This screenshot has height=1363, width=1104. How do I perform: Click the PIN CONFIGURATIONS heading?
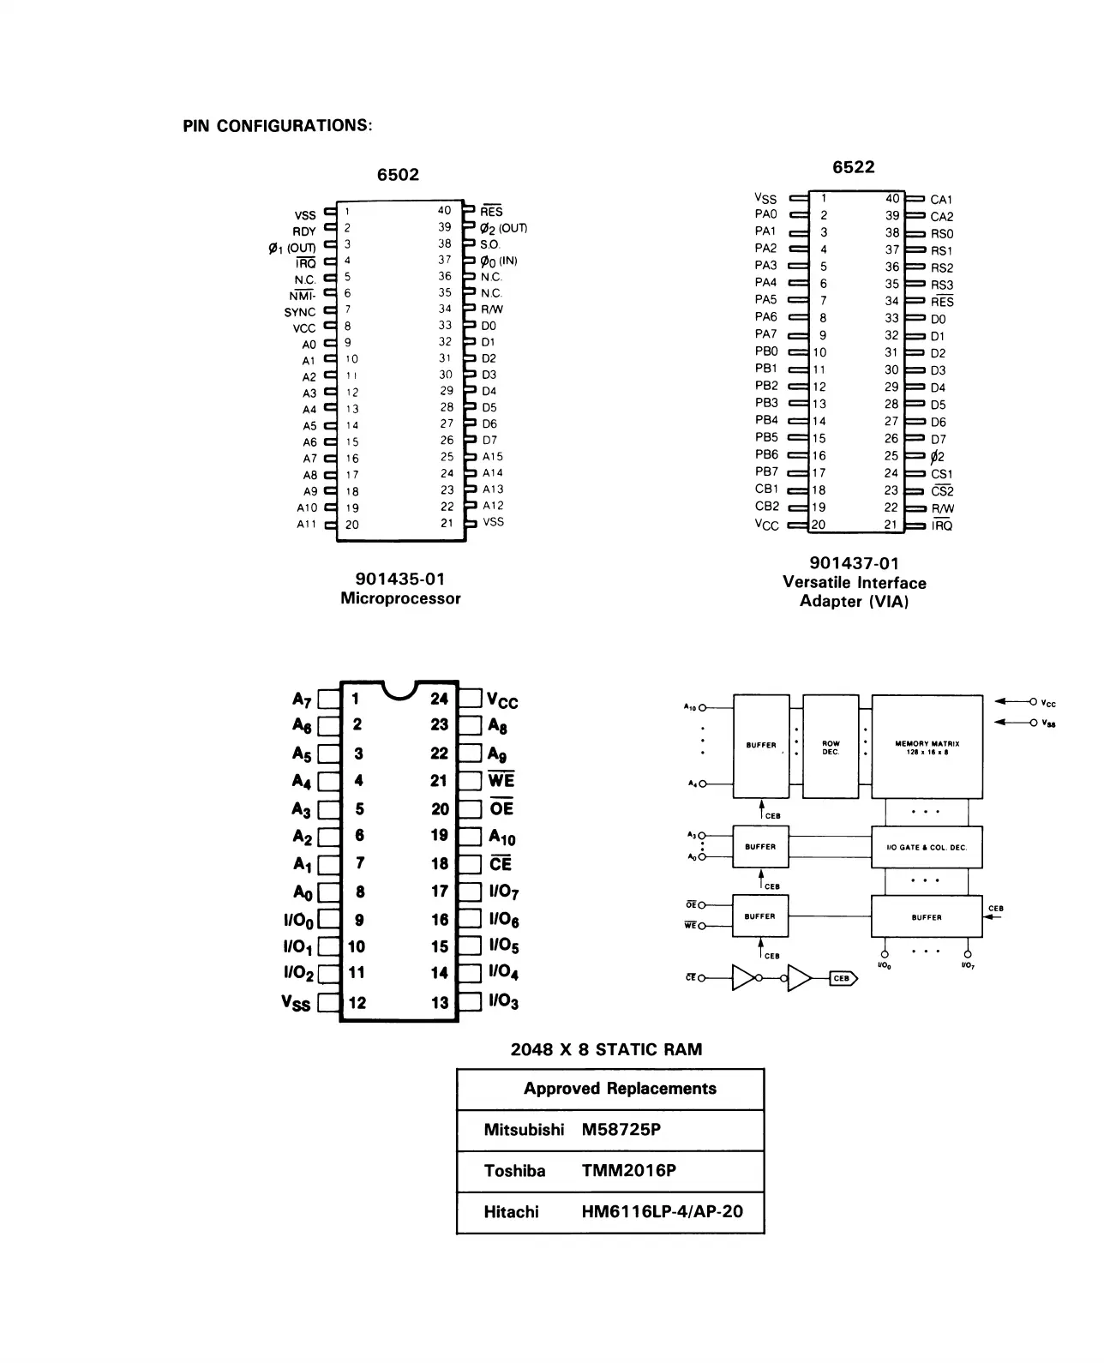(278, 126)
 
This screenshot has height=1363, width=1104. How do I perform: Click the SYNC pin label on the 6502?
(300, 312)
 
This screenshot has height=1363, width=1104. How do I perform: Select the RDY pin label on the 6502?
(304, 231)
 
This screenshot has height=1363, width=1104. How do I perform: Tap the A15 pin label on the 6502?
(493, 457)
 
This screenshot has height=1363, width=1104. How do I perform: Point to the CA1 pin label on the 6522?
(941, 200)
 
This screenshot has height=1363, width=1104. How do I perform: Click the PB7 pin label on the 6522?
(766, 471)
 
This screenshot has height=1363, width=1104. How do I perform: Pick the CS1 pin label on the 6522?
(941, 474)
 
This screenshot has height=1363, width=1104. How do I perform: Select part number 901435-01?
(400, 579)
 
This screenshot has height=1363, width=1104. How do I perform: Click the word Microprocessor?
(400, 598)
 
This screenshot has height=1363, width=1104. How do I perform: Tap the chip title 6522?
(854, 167)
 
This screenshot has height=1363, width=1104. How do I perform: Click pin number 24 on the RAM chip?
(439, 699)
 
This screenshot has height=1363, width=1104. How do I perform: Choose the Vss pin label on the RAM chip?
(296, 1002)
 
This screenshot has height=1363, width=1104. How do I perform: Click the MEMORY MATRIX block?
(927, 747)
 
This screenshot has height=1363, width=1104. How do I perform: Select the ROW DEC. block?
(831, 747)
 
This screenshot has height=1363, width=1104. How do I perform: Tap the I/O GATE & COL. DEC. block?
(927, 848)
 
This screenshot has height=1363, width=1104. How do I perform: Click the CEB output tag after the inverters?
(843, 978)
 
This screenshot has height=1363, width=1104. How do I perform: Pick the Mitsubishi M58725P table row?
(609, 1130)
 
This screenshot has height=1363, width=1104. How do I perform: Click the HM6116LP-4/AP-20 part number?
(662, 1212)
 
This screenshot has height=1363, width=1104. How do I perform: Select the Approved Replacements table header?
(620, 1089)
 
